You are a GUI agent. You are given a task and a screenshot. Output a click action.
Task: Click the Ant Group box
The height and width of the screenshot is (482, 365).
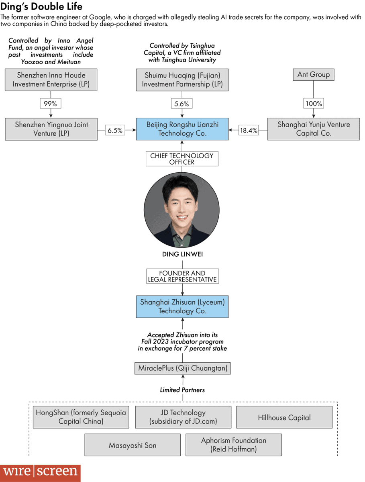[x=314, y=74]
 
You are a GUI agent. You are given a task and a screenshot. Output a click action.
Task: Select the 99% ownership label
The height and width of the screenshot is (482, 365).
[x=50, y=104]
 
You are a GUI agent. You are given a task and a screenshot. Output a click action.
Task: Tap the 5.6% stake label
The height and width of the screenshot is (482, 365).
[x=181, y=104]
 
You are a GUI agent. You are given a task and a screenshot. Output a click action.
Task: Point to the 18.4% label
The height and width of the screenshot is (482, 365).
[x=249, y=131]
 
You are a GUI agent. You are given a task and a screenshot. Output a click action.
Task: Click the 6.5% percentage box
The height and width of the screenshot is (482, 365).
[x=115, y=131]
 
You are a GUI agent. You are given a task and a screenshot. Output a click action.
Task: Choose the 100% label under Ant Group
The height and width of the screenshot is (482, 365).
[x=314, y=104]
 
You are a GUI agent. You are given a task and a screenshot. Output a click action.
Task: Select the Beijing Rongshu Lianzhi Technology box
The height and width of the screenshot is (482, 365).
[x=182, y=129]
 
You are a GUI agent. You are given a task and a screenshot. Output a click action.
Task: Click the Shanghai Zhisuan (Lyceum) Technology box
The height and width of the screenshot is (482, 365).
[x=182, y=306]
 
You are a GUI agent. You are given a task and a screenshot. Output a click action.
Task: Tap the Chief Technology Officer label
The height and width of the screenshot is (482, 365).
[x=182, y=159]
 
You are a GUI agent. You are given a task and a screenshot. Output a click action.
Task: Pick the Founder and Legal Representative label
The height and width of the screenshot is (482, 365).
[x=182, y=276]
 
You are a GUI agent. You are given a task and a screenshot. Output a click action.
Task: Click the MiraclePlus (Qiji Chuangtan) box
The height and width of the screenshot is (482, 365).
[x=182, y=368]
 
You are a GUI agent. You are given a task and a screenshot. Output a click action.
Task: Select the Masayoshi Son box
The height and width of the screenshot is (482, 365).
[x=133, y=445]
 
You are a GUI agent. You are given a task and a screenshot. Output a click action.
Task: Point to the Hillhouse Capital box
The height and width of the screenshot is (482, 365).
[x=284, y=417]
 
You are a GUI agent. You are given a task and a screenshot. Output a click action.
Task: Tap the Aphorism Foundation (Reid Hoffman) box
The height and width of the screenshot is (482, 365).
[x=233, y=445]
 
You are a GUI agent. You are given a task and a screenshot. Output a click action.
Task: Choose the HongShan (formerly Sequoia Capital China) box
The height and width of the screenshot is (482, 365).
[x=81, y=417]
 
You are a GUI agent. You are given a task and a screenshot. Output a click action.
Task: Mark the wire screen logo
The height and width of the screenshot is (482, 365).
[x=40, y=471]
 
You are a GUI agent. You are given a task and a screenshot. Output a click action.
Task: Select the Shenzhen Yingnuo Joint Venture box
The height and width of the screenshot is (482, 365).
[x=51, y=129]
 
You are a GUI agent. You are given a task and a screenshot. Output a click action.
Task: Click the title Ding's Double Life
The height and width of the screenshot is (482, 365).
[x=41, y=7]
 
